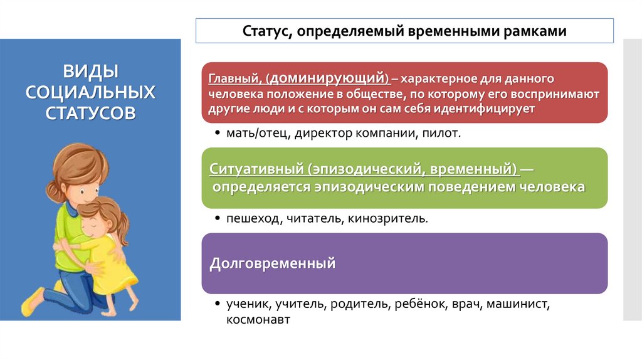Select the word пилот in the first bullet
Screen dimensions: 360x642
[x=445, y=133]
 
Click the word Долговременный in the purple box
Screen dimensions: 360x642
[x=272, y=263]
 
